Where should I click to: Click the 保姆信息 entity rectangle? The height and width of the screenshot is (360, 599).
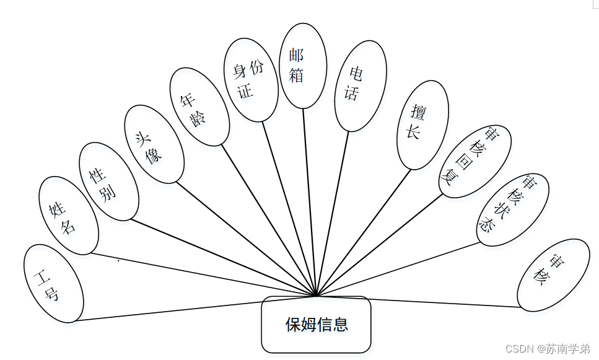click(316, 324)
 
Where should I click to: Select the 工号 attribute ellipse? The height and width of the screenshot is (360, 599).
click(53, 283)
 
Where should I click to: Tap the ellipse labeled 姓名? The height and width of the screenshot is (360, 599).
click(68, 215)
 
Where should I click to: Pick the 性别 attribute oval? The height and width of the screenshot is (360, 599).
click(108, 181)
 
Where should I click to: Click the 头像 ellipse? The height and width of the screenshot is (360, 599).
click(154, 144)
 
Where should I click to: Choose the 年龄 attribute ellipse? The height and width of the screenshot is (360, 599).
click(199, 106)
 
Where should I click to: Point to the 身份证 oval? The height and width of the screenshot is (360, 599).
click(250, 79)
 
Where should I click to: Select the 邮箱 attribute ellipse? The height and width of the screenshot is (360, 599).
click(303, 65)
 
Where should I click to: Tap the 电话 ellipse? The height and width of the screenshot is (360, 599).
click(360, 86)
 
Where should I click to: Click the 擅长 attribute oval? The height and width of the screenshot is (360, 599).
click(422, 125)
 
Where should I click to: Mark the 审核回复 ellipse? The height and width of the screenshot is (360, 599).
click(474, 161)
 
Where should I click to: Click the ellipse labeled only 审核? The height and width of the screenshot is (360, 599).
click(553, 274)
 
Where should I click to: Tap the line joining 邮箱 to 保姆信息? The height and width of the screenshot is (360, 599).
click(310, 201)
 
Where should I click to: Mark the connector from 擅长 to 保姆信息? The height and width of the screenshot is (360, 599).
click(364, 232)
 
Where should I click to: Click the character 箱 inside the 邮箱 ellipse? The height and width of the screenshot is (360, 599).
click(297, 75)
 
